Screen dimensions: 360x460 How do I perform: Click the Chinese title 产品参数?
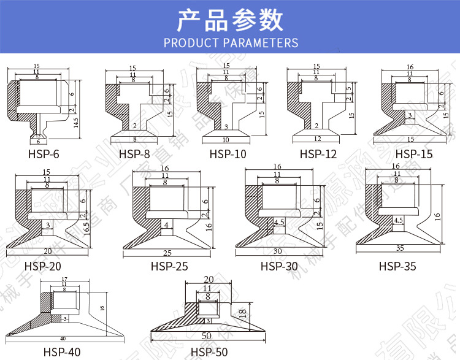(230, 20)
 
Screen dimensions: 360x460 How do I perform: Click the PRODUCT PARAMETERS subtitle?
(231, 43)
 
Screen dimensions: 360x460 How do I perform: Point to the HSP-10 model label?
(228, 155)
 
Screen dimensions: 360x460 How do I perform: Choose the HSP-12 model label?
(318, 155)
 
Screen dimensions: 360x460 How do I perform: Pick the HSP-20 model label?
(42, 266)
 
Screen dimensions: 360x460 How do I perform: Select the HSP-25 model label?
(169, 266)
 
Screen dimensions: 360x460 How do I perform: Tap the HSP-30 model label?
(279, 266)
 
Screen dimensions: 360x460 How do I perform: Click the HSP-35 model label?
(397, 266)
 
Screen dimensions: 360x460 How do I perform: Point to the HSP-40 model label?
(62, 352)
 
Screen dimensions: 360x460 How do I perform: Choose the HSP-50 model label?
(209, 352)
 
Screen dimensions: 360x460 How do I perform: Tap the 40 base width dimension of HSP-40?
(63, 338)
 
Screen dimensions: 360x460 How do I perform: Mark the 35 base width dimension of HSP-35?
(399, 248)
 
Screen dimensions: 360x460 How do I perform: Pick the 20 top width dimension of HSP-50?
(207, 279)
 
